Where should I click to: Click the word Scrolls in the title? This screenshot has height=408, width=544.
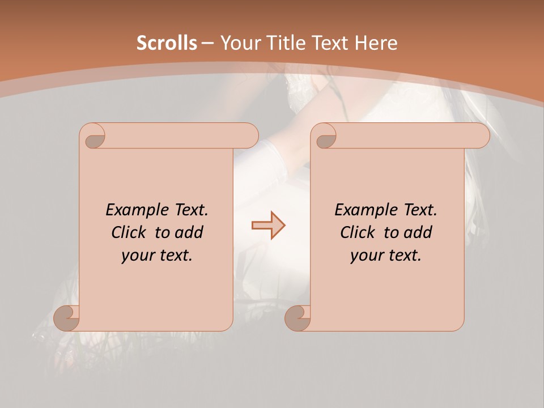pyautogui.click(x=167, y=43)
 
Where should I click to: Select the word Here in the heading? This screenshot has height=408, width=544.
pyautogui.click(x=376, y=43)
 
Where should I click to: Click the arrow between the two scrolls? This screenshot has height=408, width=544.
pyautogui.click(x=269, y=226)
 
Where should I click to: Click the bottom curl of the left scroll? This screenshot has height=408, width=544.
pyautogui.click(x=67, y=318)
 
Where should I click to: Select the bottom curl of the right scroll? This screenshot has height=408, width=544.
pyautogui.click(x=298, y=318)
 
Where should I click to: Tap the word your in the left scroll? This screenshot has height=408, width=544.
pyautogui.click(x=136, y=256)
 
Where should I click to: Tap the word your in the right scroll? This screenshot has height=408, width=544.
pyautogui.click(x=365, y=256)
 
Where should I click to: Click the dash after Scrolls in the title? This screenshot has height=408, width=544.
pyautogui.click(x=208, y=43)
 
